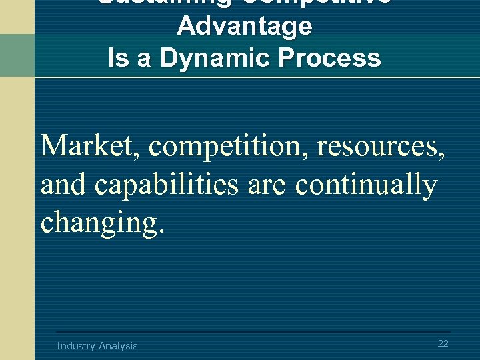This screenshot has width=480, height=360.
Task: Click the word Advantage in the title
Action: pos(244,27)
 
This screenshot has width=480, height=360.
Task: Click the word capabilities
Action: pos(166,185)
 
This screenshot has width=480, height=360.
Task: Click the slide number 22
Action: pos(443,343)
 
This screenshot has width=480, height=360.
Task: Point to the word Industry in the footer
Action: pos(77,346)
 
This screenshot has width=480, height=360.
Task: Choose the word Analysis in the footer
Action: pos(118,346)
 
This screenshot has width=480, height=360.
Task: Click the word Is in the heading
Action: pos(118,58)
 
